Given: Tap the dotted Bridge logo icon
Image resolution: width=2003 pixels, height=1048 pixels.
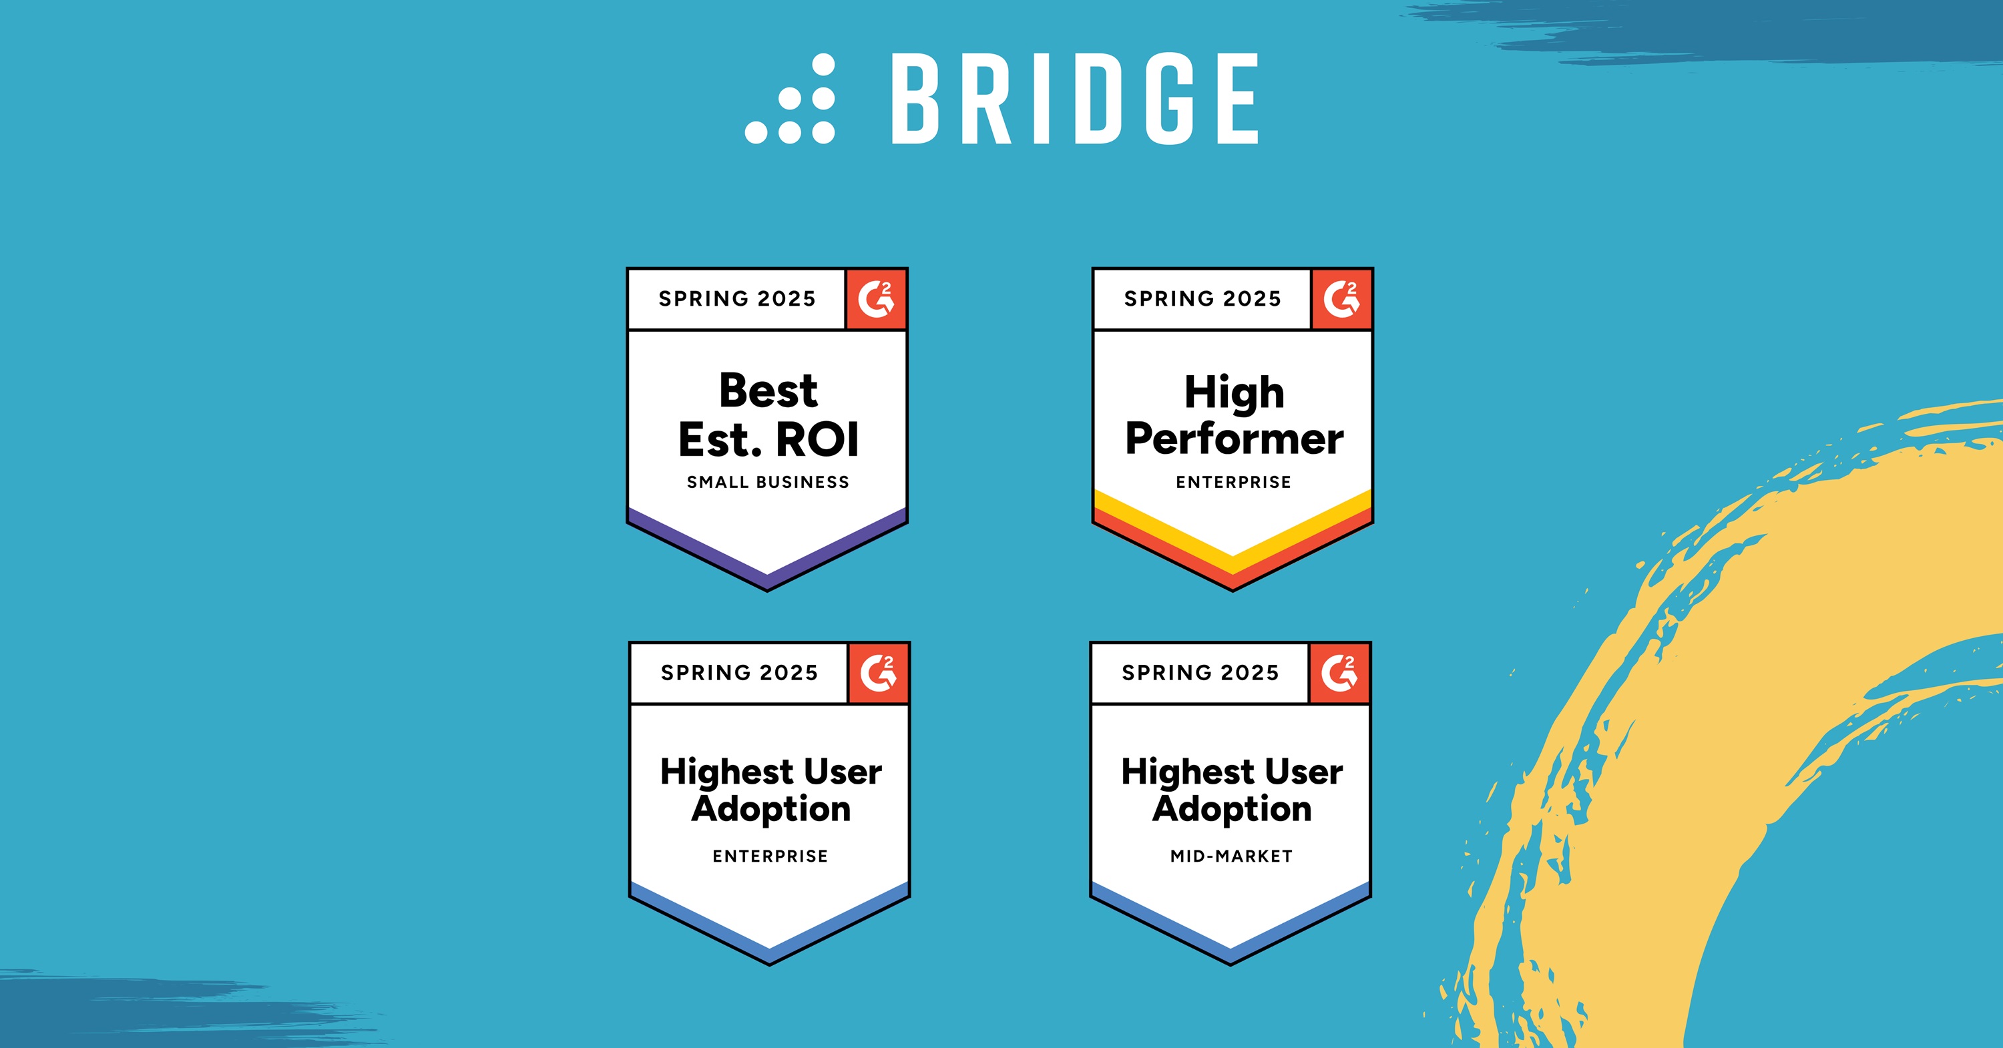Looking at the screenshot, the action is [790, 99].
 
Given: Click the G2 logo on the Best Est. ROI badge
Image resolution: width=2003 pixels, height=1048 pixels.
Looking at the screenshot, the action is [875, 299].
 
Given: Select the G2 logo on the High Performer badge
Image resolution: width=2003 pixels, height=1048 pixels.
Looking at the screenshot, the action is [1341, 299].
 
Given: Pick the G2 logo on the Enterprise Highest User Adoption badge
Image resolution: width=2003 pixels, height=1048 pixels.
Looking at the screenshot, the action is [878, 674].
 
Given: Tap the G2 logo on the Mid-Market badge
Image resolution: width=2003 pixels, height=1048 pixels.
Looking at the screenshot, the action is [1339, 674].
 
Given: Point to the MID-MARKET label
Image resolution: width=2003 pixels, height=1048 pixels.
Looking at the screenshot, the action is [1231, 856].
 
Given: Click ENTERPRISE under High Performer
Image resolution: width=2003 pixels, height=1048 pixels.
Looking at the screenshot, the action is [1233, 482].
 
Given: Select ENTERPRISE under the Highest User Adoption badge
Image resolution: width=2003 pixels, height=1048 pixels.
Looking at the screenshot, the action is [770, 856].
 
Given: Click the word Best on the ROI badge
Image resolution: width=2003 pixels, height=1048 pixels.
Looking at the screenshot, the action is [768, 390].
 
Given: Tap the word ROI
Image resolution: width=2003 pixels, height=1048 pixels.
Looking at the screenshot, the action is [818, 440].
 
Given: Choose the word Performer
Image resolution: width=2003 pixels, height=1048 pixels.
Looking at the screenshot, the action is [1234, 439].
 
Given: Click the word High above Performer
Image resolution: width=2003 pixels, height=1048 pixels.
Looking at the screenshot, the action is [1234, 393].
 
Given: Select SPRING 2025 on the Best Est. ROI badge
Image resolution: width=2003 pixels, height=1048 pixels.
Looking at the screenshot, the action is [737, 299].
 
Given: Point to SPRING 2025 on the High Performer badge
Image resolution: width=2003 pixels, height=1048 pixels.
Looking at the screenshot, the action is [1202, 299].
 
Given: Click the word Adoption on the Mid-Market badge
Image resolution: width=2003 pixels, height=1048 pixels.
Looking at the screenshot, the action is [1232, 809].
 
